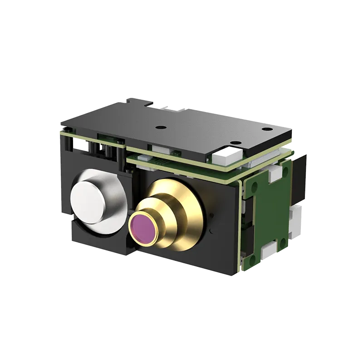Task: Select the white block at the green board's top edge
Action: (275, 172)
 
